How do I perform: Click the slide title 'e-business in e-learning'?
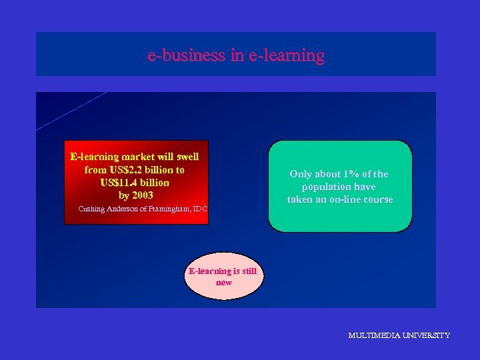point(236,55)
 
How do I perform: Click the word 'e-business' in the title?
point(187,55)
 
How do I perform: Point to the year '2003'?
point(142,195)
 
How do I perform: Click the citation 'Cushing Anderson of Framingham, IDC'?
point(143,209)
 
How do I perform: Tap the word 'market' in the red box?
point(137,157)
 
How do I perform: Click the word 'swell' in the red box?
point(187,157)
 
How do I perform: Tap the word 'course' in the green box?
point(377,199)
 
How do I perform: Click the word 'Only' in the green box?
point(301,174)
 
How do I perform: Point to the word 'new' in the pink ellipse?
point(223,283)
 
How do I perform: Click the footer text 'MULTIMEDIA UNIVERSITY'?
point(399,335)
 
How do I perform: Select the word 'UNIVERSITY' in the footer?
point(425,335)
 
